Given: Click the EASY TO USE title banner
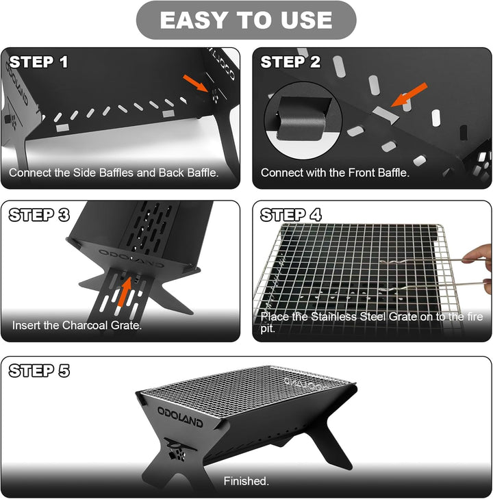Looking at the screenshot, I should tap(246, 21).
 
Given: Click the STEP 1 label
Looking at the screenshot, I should tap(39, 62).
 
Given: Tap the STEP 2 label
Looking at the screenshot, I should tap(291, 62).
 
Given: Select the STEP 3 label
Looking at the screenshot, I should tap(39, 215).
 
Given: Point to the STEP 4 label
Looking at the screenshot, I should tap(291, 215).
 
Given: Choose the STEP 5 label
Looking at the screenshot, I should tap(39, 372).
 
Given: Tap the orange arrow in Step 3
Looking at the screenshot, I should tap(124, 289).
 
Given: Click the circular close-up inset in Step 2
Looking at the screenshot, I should tap(301, 118).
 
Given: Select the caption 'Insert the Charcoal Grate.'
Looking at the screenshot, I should tap(77, 325).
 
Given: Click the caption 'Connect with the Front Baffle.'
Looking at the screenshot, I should tap(335, 173).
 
